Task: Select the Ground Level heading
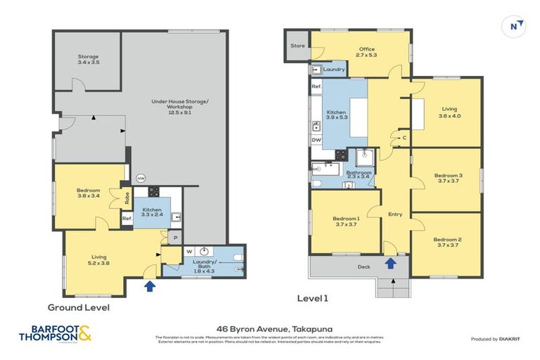78,307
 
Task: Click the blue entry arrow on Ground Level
149,286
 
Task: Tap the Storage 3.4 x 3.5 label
88,60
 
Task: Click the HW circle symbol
141,178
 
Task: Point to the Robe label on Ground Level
127,198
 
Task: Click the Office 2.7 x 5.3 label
366,51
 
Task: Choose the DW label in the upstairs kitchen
316,140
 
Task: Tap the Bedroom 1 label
346,221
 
